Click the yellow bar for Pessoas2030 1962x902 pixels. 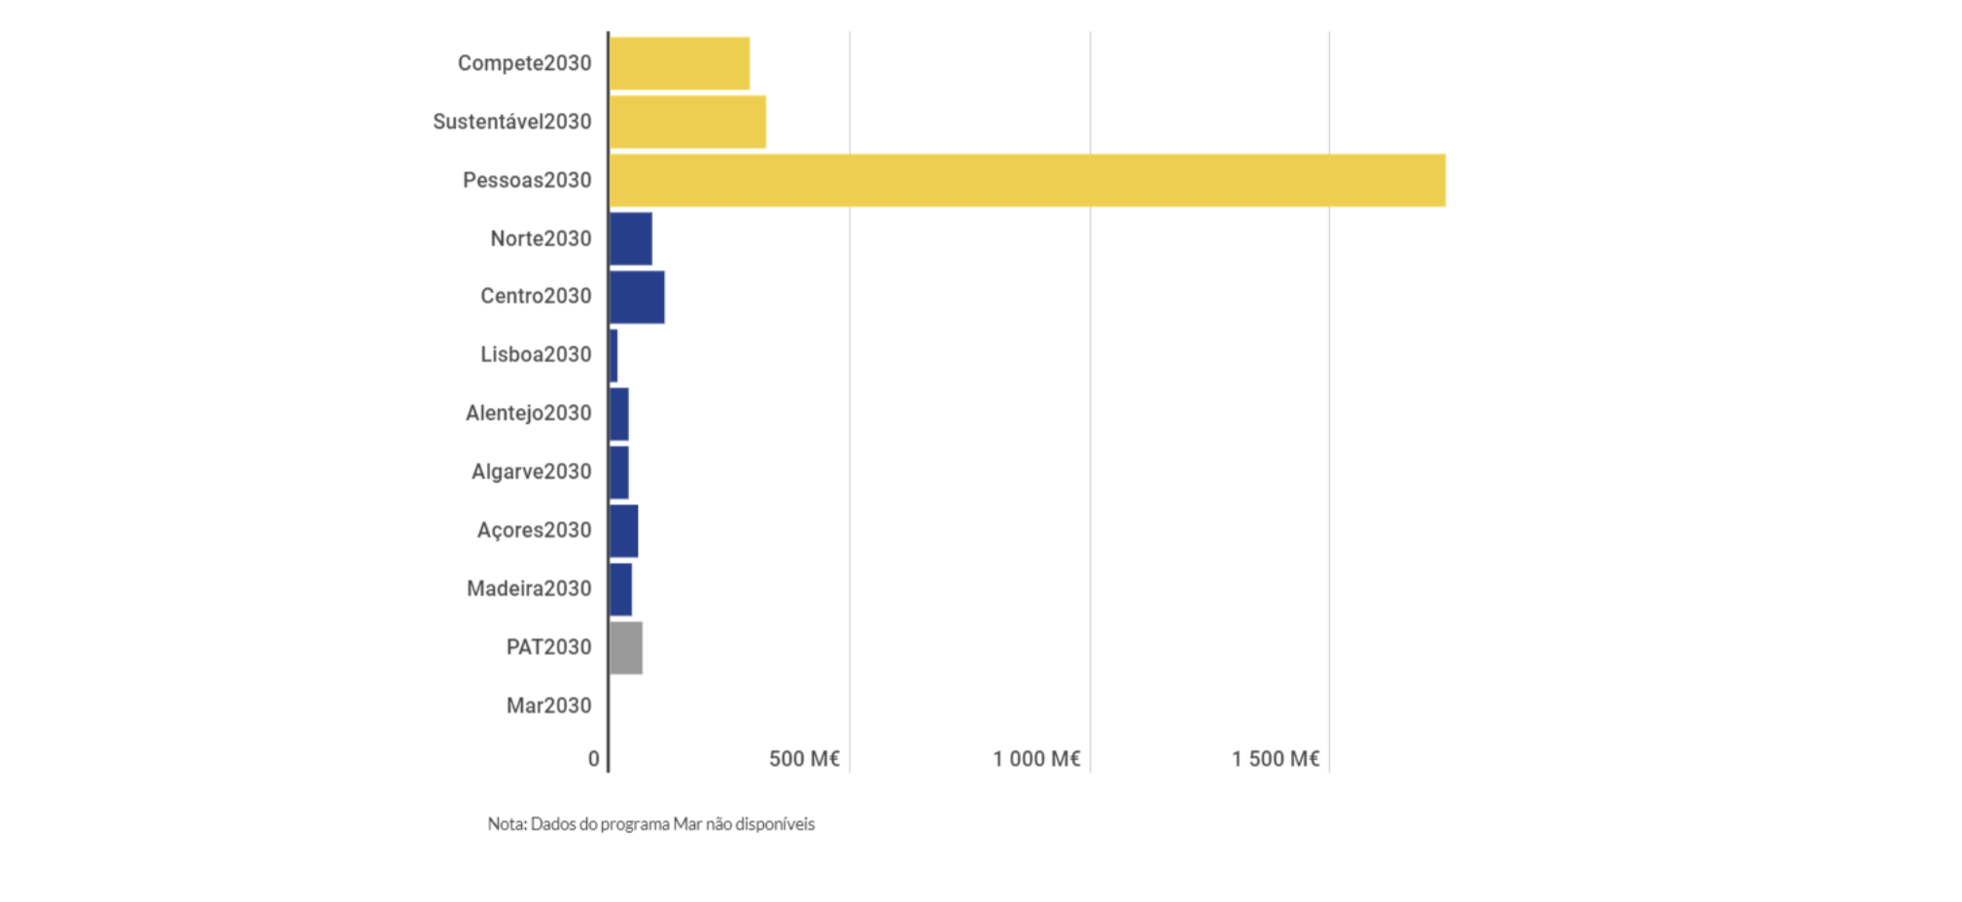[x=1027, y=180]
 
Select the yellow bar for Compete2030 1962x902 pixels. [x=680, y=63]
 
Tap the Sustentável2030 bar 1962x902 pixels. [x=687, y=121]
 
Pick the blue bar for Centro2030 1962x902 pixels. [x=637, y=296]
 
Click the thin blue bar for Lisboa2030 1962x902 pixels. [x=613, y=355]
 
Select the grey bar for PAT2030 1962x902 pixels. [x=626, y=647]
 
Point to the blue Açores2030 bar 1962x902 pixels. [x=624, y=531]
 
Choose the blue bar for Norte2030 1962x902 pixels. [x=631, y=238]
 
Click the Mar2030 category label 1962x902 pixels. [x=548, y=706]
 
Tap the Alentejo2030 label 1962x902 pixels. [x=528, y=413]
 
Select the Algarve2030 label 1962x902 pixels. [x=531, y=471]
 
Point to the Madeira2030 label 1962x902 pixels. [x=529, y=588]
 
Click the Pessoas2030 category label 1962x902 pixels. [x=527, y=180]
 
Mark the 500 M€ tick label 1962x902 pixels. [x=804, y=759]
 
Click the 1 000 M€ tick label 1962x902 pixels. [x=1036, y=759]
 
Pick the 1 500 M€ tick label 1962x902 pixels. [x=1276, y=759]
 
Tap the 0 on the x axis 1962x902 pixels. [x=594, y=759]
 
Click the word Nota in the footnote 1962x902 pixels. [x=506, y=824]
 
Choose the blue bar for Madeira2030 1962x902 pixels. [x=620, y=589]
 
